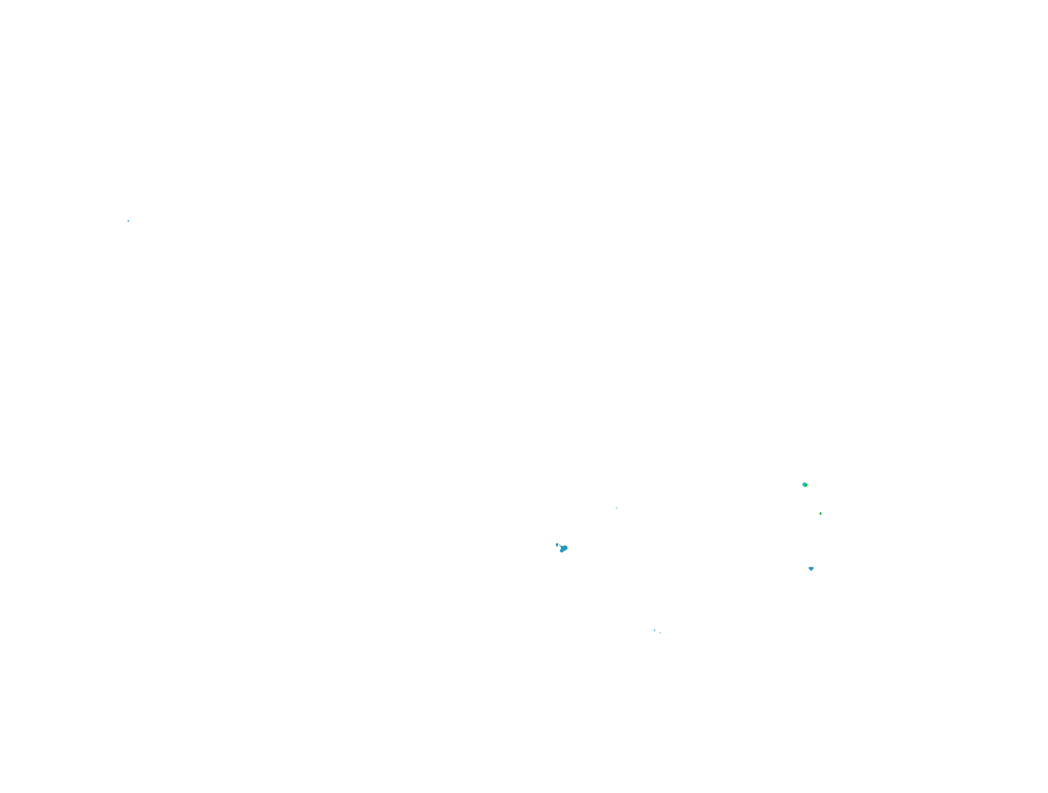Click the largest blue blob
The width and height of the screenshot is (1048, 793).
564,548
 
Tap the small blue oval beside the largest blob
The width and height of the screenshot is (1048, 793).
557,545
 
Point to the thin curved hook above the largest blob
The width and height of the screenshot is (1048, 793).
560,545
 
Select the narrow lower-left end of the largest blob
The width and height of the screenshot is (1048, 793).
561,551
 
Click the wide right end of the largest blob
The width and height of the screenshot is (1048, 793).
566,548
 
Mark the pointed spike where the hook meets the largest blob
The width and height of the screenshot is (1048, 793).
561,546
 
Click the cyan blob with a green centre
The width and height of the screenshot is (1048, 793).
805,485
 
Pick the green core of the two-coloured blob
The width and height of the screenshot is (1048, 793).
806,485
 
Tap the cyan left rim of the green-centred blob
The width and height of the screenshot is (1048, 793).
804,485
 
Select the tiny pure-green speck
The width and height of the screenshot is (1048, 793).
820,513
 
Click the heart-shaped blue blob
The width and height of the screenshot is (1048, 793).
811,568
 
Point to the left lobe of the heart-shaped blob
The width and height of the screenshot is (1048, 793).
810,567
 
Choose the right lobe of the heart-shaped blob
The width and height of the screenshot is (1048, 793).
812,567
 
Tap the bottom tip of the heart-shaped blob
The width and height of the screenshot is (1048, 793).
811,570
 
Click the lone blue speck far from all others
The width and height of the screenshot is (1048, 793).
128,221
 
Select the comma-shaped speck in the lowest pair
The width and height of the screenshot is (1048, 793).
654,630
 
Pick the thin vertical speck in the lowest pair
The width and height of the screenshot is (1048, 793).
660,632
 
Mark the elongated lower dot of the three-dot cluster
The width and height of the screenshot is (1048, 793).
616,508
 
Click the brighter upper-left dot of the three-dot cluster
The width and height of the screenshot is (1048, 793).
615,507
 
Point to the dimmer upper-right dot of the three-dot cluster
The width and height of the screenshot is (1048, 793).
616,507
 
